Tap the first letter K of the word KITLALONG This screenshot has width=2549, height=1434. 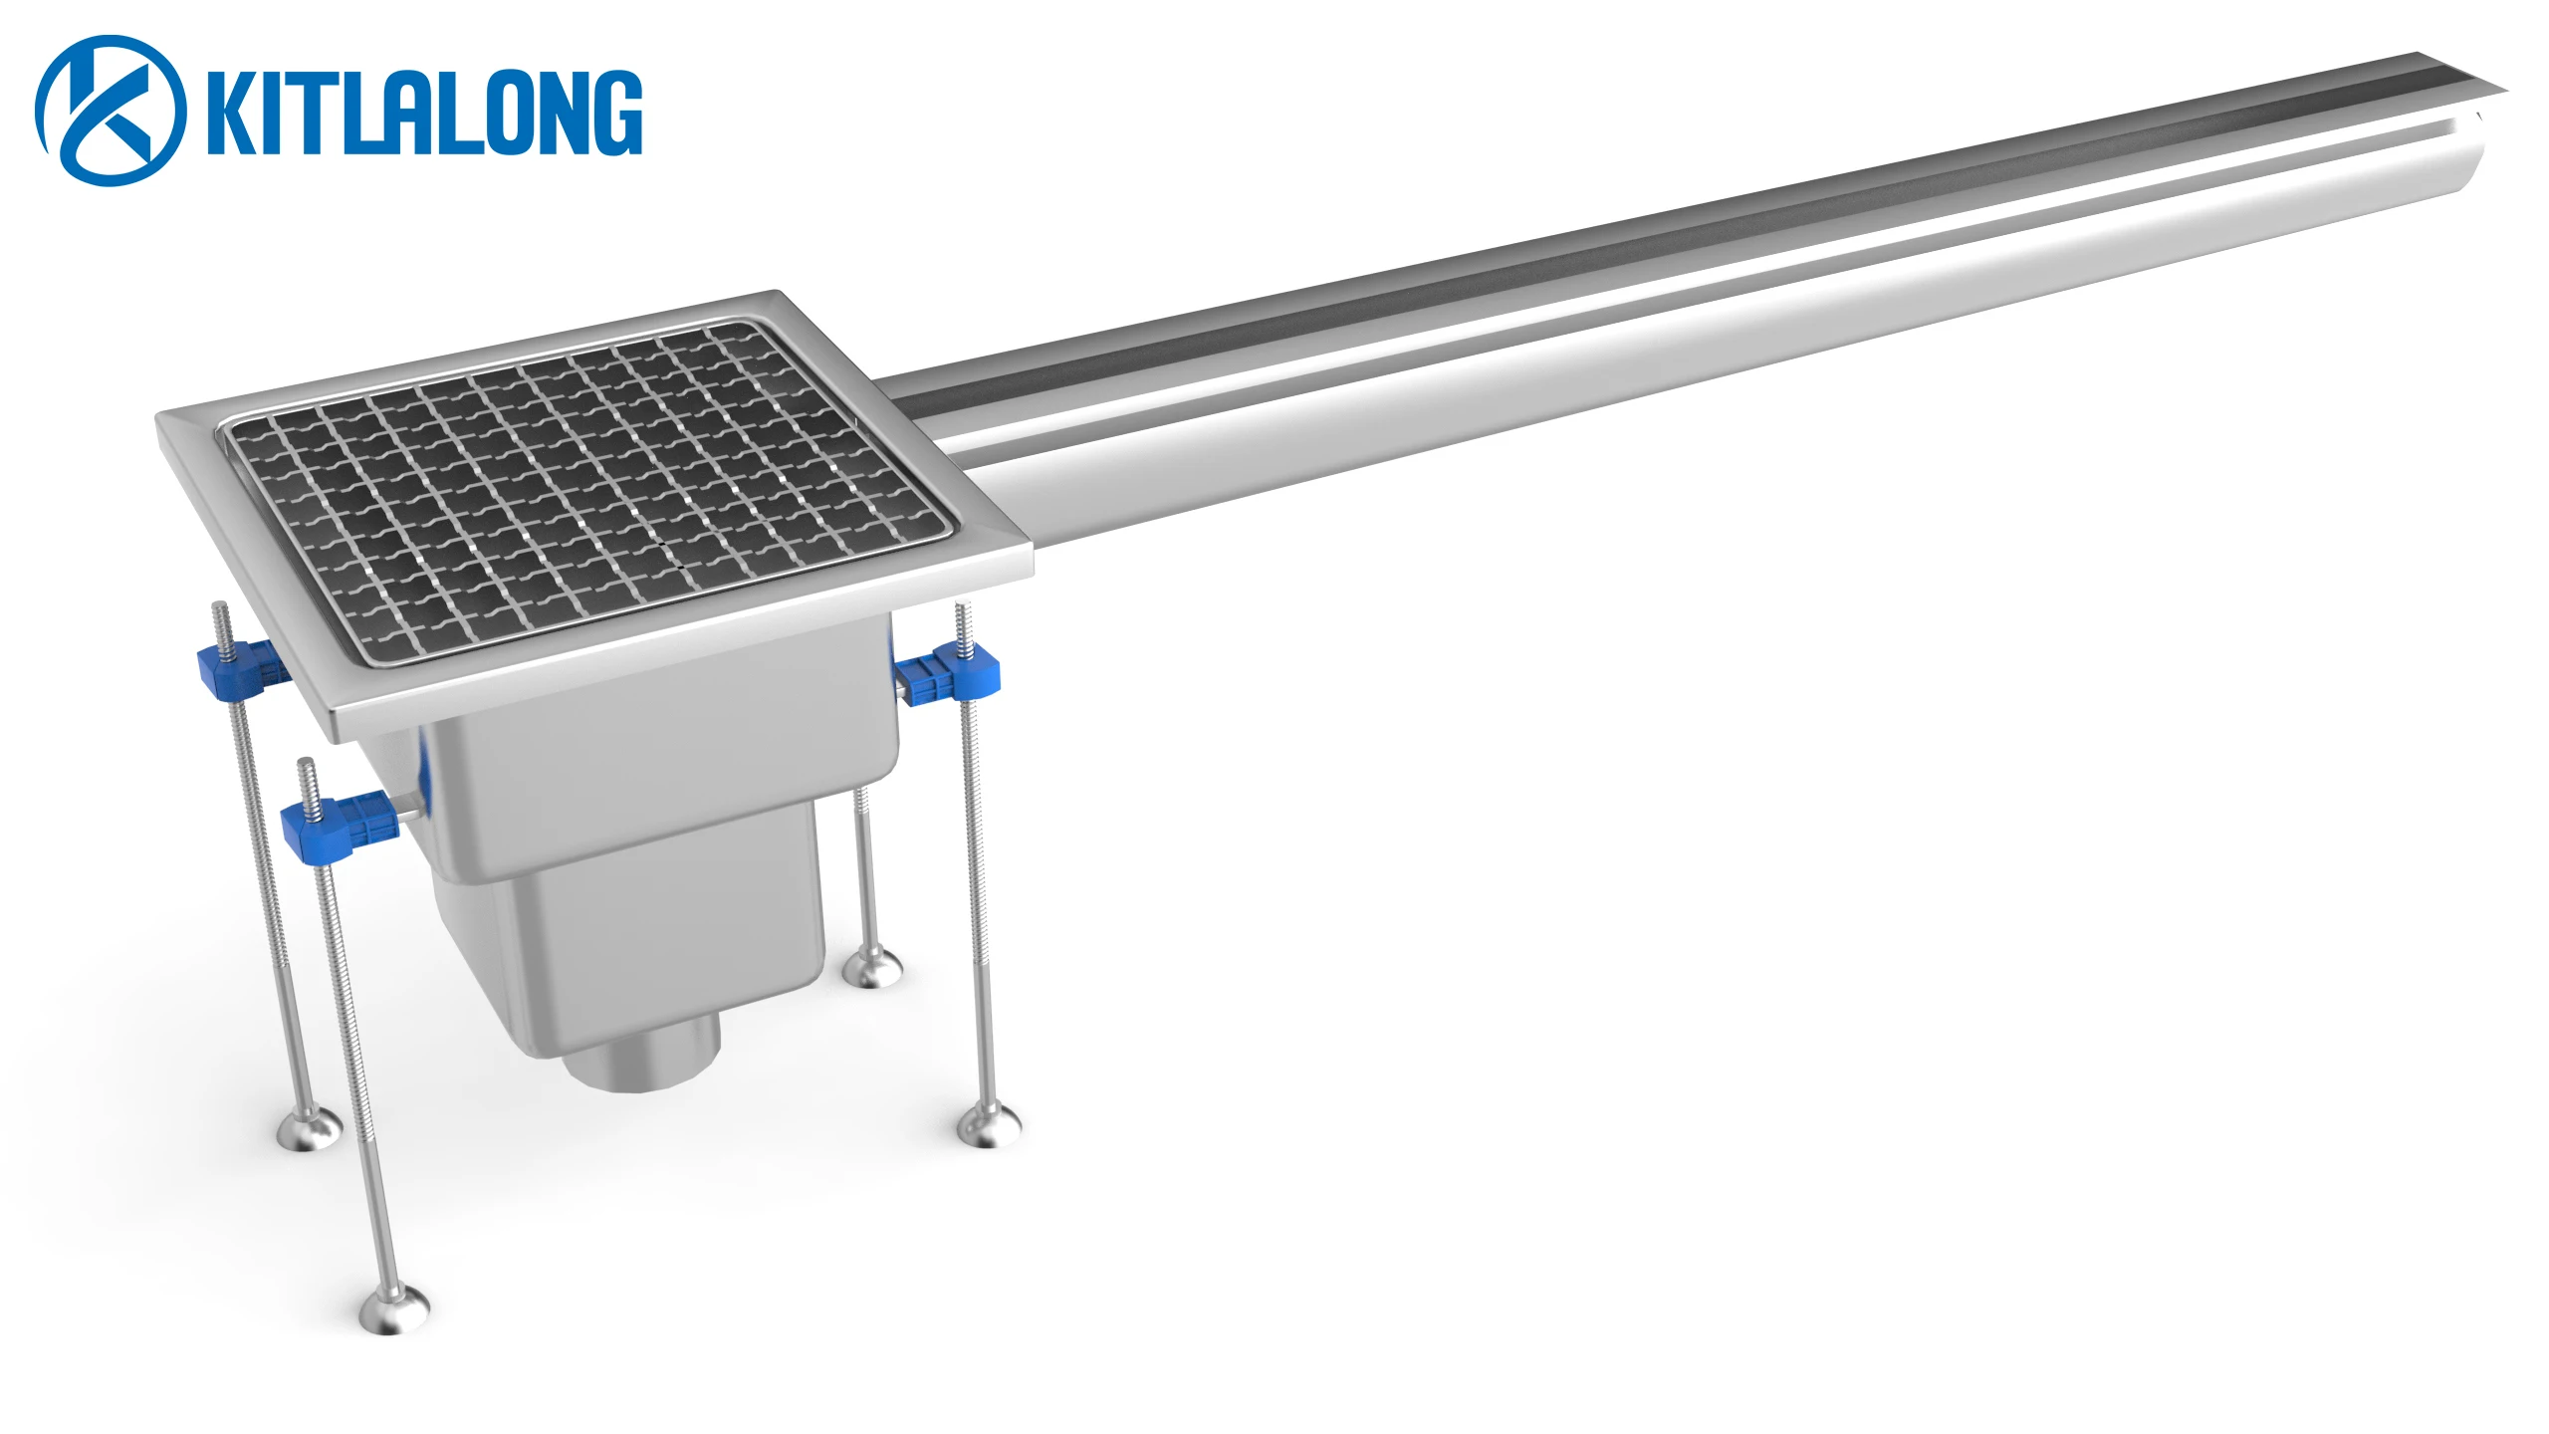[x=231, y=112]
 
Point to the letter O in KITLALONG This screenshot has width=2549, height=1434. [x=498, y=112]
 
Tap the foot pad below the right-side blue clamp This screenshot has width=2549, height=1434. [x=989, y=1129]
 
